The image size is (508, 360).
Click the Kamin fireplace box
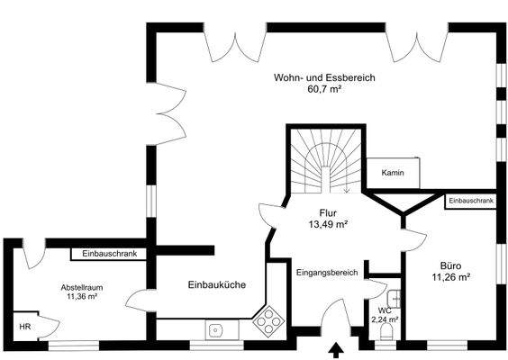point(392,172)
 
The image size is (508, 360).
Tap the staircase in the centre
point(325,161)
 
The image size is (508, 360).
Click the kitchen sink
point(216,329)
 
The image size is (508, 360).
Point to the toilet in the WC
point(387,332)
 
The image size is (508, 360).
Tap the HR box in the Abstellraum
point(24,327)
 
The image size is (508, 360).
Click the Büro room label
point(451,265)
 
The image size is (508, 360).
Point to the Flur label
point(328,212)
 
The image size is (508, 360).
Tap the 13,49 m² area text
point(328,224)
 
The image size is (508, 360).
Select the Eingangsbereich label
point(327,272)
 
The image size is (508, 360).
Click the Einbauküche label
point(216,285)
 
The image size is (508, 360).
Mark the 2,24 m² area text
point(386,318)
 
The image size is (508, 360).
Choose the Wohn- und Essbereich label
point(324,78)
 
